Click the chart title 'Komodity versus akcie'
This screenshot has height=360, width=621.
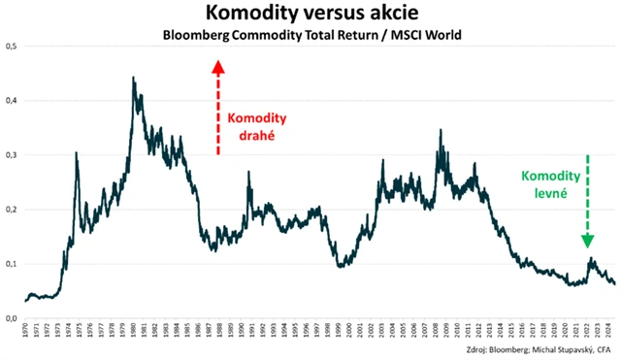click(310, 14)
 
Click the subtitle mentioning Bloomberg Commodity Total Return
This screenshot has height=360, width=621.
click(310, 35)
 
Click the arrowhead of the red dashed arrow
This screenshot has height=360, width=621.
click(218, 67)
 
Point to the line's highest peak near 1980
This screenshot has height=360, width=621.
click(133, 78)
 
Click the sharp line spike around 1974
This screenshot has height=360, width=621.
click(77, 152)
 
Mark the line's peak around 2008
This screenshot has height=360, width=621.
click(441, 130)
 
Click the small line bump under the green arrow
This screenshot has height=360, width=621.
click(589, 259)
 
